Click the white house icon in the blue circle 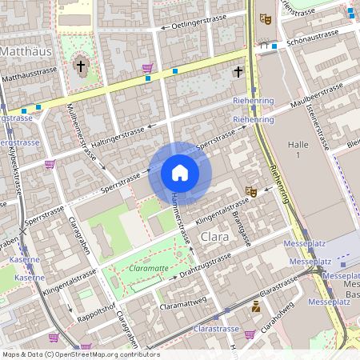tap(180, 173)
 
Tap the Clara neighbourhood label tap(215, 238)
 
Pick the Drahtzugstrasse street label tap(205, 266)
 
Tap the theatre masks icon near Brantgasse tap(250, 192)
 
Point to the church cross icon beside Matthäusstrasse tap(80, 66)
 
